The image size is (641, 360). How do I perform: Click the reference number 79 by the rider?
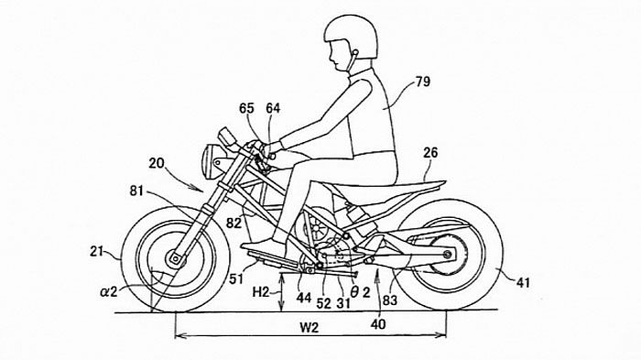423,82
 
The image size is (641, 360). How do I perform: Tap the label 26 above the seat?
430,153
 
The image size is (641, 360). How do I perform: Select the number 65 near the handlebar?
246,108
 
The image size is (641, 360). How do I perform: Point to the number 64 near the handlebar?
273,108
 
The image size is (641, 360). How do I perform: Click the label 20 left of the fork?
157,164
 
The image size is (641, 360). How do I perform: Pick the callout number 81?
137,191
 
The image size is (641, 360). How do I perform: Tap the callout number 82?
234,223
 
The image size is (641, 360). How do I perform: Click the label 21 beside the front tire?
97,252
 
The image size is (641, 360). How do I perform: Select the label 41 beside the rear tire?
523,283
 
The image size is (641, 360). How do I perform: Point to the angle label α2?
109,291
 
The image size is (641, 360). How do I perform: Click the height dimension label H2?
261,292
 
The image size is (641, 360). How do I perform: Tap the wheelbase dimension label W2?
310,328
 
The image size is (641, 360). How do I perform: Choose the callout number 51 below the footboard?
236,278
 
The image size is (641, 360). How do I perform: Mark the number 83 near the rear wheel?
389,300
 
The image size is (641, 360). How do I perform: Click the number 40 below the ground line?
378,324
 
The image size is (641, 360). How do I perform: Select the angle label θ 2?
360,292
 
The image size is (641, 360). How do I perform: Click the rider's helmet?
351,36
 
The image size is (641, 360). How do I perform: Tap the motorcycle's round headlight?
212,161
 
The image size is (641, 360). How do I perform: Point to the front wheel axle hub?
176,258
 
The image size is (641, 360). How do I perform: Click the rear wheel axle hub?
447,255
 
